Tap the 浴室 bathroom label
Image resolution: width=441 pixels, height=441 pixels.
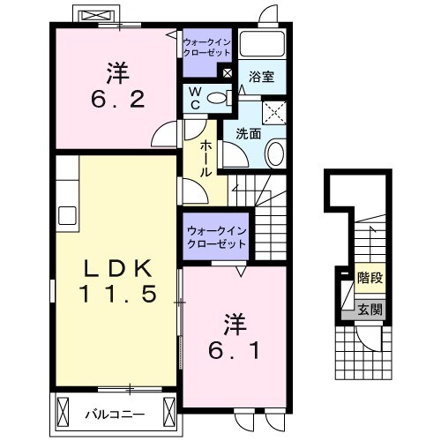262,77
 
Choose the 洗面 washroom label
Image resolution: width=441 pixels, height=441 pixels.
249,134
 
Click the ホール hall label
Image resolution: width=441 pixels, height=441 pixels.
206,159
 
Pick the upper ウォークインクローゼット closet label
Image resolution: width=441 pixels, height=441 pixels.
207,47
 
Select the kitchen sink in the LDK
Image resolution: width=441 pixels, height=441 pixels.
67,215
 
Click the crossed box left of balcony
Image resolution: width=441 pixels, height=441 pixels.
63,412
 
